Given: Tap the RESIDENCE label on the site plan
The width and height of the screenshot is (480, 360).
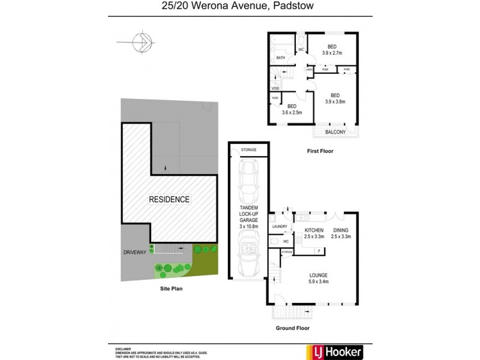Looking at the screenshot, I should click(x=169, y=199).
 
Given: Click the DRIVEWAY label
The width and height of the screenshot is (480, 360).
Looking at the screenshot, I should click(x=134, y=252).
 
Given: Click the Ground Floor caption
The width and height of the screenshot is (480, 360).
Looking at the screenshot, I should click(x=292, y=328).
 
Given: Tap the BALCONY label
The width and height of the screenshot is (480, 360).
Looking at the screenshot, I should click(x=335, y=131).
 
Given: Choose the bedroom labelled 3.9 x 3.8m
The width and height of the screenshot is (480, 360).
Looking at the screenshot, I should click(x=335, y=101).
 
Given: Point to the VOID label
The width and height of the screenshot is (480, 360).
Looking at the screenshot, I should click(x=275, y=88).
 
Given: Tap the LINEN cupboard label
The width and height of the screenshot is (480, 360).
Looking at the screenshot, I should click(x=309, y=70).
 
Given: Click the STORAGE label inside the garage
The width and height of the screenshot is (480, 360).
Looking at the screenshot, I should click(x=248, y=149).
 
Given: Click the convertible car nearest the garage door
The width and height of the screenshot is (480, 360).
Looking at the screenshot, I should click(x=248, y=252).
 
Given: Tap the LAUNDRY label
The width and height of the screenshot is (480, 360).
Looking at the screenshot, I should click(x=280, y=226).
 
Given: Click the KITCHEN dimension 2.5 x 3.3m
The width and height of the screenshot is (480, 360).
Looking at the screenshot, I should click(x=314, y=236).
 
